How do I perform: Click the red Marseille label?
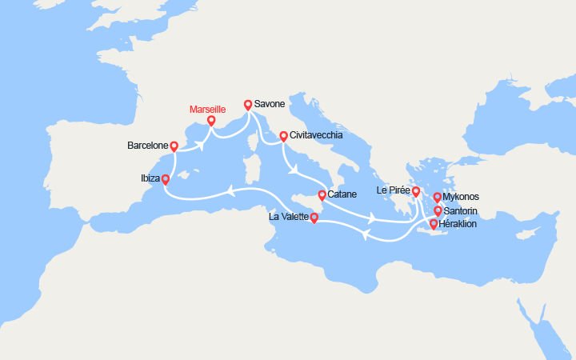click(207, 109)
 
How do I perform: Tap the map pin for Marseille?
click(211, 122)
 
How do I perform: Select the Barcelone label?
click(147, 146)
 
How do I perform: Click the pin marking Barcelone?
click(174, 146)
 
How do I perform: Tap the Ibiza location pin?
click(166, 180)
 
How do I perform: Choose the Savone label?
click(270, 105)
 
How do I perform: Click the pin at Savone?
click(248, 105)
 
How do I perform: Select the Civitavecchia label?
click(316, 136)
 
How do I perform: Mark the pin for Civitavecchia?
click(283, 136)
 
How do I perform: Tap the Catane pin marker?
click(322, 194)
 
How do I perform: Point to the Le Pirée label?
click(394, 191)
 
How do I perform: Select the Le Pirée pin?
click(416, 191)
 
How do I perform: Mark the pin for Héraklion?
click(434, 224)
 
